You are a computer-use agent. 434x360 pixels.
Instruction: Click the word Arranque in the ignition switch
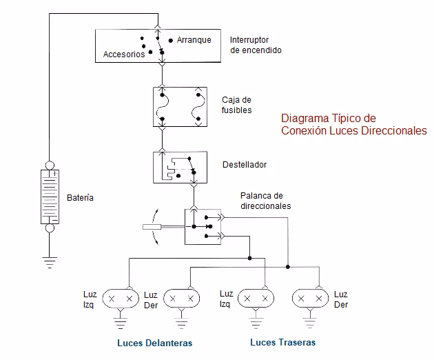tap(194, 40)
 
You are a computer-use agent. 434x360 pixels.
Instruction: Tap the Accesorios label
tap(124, 54)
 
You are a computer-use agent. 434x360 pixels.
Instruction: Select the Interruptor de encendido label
tap(256, 45)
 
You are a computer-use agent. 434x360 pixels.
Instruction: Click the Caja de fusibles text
tap(236, 105)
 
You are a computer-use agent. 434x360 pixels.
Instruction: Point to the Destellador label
tap(244, 165)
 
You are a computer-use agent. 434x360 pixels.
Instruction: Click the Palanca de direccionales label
tap(265, 201)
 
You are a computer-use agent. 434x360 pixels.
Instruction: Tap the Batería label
tap(80, 198)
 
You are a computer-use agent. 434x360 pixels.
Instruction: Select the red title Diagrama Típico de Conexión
tap(353, 124)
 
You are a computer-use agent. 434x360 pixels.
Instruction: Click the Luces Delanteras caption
tap(154, 343)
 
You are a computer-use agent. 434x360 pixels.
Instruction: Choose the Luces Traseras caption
tap(282, 342)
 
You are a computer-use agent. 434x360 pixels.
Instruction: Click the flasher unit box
tap(177, 168)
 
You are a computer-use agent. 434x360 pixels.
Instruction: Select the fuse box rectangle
tap(180, 106)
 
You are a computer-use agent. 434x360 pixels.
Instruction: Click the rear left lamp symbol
tap(256, 299)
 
